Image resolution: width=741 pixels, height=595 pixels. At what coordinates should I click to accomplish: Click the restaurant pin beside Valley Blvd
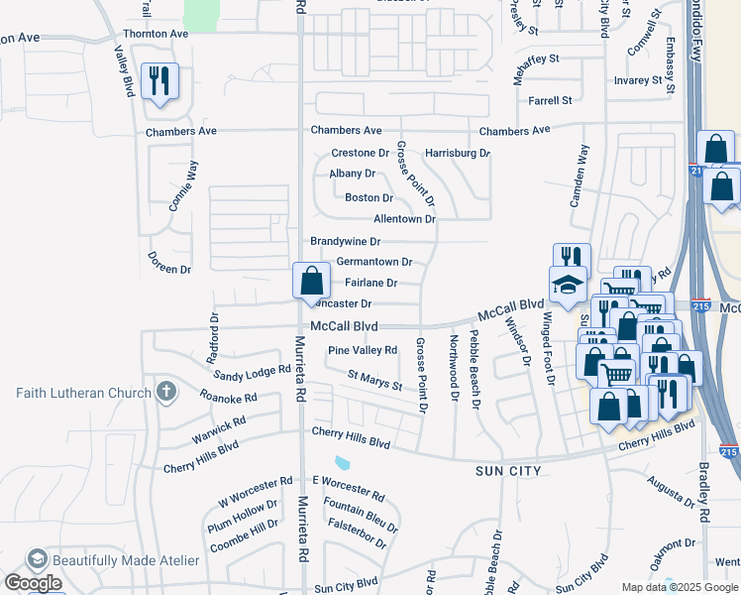159,80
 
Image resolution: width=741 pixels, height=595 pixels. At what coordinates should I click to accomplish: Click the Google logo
32,583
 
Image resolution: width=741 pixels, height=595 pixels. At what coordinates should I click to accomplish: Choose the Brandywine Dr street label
345,241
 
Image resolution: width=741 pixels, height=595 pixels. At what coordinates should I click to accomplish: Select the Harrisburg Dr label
457,154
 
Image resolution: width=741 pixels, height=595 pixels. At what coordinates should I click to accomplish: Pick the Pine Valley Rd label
363,350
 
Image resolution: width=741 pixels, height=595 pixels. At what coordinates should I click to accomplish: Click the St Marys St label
374,380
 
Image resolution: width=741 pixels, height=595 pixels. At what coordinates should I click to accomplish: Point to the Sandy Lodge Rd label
253,373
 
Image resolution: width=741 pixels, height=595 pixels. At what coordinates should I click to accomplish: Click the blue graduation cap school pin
569,284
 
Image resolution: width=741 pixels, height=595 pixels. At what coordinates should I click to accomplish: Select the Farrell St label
550,100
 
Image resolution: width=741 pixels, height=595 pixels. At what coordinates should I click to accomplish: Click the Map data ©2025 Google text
679,587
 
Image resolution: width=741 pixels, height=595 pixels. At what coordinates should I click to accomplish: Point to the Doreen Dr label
168,269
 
